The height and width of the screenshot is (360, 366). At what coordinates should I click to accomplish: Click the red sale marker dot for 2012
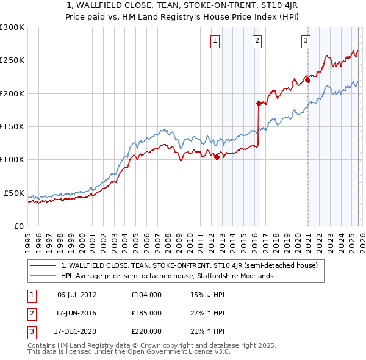[x=217, y=157]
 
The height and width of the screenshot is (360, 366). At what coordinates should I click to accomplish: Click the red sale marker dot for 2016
[x=259, y=103]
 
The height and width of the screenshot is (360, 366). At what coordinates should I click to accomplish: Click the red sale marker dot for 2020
[x=308, y=80]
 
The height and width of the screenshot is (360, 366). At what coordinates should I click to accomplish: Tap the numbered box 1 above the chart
[x=216, y=41]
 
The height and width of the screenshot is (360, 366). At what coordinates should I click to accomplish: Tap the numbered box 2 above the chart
[x=257, y=41]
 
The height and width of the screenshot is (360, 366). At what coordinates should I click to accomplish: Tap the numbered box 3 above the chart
[x=305, y=41]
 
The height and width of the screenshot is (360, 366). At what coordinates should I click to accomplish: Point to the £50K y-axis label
[x=14, y=193]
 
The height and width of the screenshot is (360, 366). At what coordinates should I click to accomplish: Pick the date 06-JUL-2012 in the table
[x=77, y=294]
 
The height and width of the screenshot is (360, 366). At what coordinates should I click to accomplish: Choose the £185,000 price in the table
[x=146, y=313]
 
